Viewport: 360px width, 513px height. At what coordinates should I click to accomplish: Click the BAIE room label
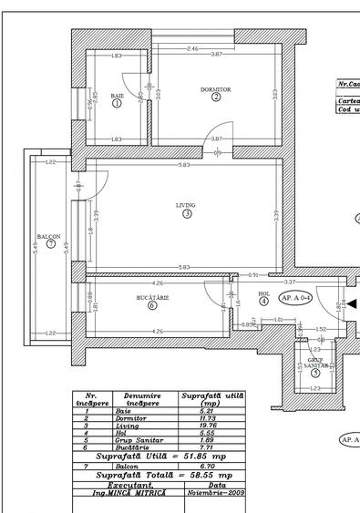[x=117, y=96]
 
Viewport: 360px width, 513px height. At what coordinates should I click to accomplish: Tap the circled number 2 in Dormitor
[x=216, y=97]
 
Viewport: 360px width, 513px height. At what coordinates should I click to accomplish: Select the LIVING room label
[x=186, y=206]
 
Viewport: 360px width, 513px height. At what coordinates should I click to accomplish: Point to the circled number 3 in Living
[x=186, y=215]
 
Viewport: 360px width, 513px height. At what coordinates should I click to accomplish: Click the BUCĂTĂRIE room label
[x=152, y=297]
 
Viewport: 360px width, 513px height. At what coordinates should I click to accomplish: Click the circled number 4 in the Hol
[x=263, y=301]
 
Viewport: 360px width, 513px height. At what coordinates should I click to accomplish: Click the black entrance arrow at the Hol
[x=352, y=304]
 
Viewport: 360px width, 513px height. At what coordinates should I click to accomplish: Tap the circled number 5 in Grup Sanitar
[x=315, y=372]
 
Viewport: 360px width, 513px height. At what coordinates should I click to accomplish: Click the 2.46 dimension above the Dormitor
[x=192, y=48]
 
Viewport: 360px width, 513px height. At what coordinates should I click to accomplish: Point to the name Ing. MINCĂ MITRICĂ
[x=127, y=492]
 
